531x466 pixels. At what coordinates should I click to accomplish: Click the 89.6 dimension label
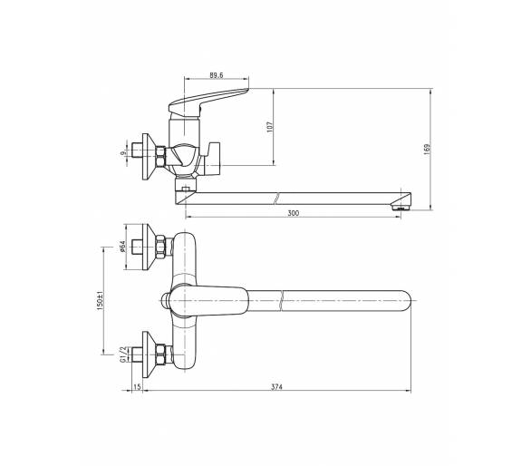point(216,75)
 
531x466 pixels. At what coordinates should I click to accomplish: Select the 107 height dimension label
point(270,127)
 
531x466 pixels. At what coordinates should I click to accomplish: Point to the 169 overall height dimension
point(427,150)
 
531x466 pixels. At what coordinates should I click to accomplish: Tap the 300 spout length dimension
point(294,213)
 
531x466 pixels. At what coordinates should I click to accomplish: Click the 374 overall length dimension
point(276,387)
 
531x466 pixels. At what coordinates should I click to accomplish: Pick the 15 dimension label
point(137,387)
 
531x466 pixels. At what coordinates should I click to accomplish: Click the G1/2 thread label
point(122,354)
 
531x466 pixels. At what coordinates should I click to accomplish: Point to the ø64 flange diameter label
point(122,247)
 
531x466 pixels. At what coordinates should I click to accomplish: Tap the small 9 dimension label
point(122,153)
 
